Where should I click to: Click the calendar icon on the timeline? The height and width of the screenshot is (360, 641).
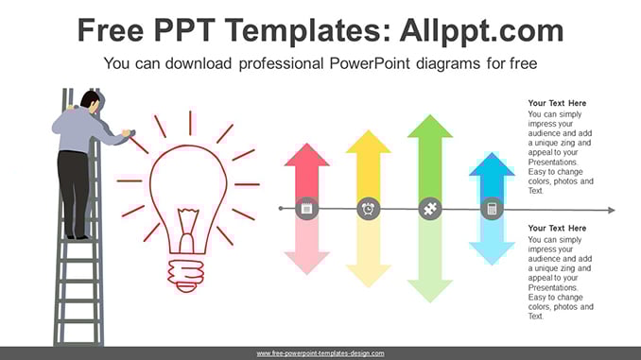pos(306,209)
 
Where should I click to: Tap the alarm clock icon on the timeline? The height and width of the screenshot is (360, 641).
pos(369,209)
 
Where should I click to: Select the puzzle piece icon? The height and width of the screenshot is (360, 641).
pos(430,209)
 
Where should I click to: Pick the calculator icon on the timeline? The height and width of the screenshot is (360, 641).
pos(492,209)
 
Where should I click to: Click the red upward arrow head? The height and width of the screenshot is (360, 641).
pos(306,155)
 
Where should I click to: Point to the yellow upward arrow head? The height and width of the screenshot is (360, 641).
pos(369,142)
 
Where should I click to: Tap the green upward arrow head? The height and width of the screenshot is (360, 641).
pos(430,127)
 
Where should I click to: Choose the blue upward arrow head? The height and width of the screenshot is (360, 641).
pos(492,164)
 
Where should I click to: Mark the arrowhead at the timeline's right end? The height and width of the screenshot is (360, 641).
pos(611,210)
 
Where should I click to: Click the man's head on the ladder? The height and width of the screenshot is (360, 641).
pos(91,101)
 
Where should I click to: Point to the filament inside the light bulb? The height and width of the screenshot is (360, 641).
pos(187,230)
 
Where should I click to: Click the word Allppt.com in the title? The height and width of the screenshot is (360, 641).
pos(481,30)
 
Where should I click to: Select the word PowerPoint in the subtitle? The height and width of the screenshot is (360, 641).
pos(370,63)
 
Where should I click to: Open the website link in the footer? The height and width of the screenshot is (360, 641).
pos(320,353)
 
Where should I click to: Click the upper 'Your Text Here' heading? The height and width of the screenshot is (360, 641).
pos(557,103)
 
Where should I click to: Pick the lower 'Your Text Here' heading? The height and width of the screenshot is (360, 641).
pos(557,228)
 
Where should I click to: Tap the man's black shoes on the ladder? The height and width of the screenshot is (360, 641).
pos(78,236)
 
